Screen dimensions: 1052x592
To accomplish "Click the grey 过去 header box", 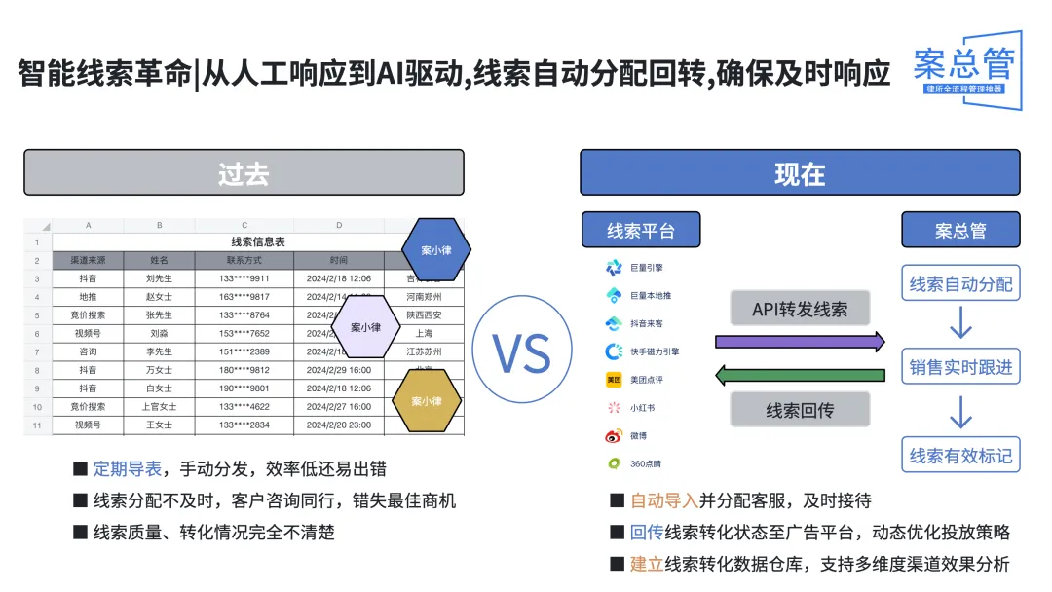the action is pos(244,173).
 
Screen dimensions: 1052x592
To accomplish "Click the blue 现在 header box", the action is pos(800,173).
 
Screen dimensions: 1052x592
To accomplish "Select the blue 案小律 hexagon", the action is pos(436,249).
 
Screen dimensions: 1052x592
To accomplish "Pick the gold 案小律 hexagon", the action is pos(426,400).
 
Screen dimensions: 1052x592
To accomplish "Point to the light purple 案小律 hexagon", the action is pos(366,326).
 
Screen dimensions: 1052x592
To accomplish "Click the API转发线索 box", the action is pos(800,309).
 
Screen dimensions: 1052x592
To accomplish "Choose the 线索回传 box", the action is pos(800,410).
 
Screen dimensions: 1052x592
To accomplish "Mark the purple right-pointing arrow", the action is pos(800,342).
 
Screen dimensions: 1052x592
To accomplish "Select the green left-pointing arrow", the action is pos(800,375).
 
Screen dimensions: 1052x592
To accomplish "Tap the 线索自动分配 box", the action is pos(960,284).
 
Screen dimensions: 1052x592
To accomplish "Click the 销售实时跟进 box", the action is pos(960,367).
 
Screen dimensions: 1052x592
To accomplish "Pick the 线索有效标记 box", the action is pos(960,455).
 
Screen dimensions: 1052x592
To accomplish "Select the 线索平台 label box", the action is pos(640,231).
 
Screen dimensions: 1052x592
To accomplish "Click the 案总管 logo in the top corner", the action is pos(964,68).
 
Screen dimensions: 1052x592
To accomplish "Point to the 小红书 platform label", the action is pos(643,408).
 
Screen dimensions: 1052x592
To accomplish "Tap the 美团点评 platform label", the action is pos(648,379).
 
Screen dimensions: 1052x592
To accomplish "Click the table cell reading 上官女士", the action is pos(160,406).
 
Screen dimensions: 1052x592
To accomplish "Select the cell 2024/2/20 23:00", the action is pos(338,425).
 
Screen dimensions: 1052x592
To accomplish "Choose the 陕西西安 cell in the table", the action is pos(424,315).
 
